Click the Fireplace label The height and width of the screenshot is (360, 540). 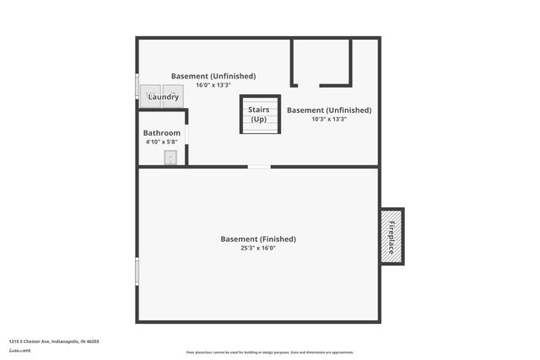point(391,236)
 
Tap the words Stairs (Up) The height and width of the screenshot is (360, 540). point(258,115)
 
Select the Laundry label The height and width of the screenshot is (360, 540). point(163,98)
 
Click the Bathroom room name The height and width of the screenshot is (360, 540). point(161,133)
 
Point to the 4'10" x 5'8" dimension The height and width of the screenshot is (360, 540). point(161,142)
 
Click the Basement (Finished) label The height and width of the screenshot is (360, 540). point(258,239)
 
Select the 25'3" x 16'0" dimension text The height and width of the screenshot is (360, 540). point(258,248)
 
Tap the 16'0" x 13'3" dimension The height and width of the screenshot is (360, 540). point(213,85)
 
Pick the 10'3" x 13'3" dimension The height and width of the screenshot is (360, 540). point(329,119)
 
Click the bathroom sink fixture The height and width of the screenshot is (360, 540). point(170,157)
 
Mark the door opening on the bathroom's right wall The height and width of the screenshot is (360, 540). point(186,135)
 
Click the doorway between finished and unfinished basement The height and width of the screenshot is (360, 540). point(259,167)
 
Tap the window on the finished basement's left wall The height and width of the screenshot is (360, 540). point(138,271)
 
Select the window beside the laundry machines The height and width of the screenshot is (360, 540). point(138,88)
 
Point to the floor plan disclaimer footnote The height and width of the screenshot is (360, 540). point(269,352)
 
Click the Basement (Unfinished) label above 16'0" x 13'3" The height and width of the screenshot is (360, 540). point(213,76)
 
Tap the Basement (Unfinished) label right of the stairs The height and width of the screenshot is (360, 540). point(329,110)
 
